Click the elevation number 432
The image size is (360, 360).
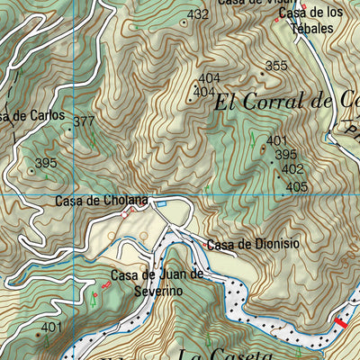198,14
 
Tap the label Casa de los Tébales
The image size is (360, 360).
310,21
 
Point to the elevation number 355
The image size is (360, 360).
276,66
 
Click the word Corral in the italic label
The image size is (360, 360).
287,101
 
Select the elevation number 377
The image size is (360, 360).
84,121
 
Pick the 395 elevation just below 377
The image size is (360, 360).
46,163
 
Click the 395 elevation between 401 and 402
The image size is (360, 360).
285,154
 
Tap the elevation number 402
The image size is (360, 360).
292,168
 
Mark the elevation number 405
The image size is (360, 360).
297,187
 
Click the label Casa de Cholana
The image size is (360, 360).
101,201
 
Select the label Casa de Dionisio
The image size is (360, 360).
253,244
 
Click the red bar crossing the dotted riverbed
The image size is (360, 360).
340,322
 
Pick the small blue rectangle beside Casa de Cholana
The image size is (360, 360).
162,203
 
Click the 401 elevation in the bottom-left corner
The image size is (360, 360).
52,327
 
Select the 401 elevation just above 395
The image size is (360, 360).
276,140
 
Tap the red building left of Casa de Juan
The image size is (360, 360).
106,284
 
